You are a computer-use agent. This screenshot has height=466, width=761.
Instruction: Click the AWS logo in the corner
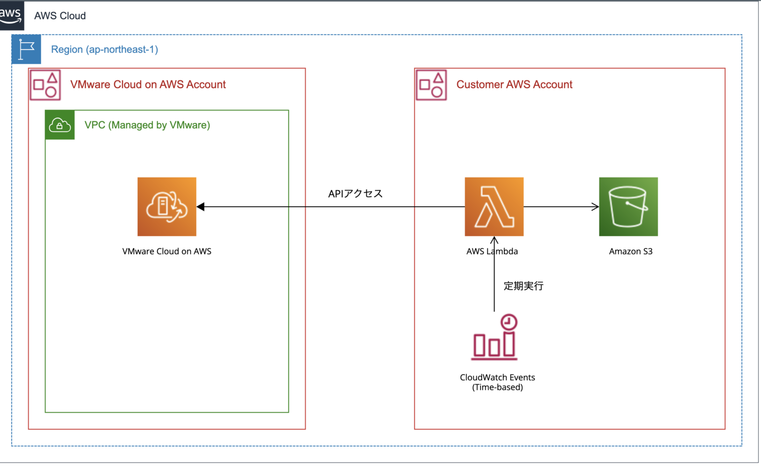click(x=11, y=15)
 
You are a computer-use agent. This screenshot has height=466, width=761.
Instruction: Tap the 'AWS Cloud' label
click(x=60, y=16)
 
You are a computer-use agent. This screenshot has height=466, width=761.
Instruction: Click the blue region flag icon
click(x=26, y=50)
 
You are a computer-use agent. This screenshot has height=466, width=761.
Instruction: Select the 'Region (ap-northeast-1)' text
click(x=105, y=50)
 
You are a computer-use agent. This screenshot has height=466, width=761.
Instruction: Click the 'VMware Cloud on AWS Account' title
click(x=148, y=85)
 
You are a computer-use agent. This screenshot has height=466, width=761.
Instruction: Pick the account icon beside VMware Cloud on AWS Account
click(x=45, y=85)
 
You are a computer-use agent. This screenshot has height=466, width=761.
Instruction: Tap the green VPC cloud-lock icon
click(x=60, y=125)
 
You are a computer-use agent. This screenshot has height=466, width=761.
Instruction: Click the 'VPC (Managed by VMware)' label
click(x=147, y=125)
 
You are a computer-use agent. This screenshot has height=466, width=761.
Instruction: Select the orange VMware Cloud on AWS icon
click(x=167, y=207)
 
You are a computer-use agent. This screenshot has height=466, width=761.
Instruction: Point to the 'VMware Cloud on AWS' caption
click(x=167, y=251)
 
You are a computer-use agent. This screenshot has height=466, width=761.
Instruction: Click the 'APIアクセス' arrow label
click(x=355, y=194)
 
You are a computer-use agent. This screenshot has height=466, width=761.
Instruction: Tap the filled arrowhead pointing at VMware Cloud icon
click(x=201, y=207)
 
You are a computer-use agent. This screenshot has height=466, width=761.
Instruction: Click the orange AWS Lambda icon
click(x=494, y=207)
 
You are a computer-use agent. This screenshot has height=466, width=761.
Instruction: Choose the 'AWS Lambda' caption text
click(x=492, y=251)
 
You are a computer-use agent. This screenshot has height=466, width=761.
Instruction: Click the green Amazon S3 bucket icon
click(x=628, y=207)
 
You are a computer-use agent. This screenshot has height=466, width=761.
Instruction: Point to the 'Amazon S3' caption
click(x=631, y=251)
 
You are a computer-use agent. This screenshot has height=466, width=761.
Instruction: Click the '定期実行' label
click(x=524, y=286)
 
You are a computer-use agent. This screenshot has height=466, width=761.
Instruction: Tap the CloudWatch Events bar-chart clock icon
click(x=494, y=337)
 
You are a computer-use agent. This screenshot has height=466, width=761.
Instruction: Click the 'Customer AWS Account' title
click(x=514, y=85)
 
